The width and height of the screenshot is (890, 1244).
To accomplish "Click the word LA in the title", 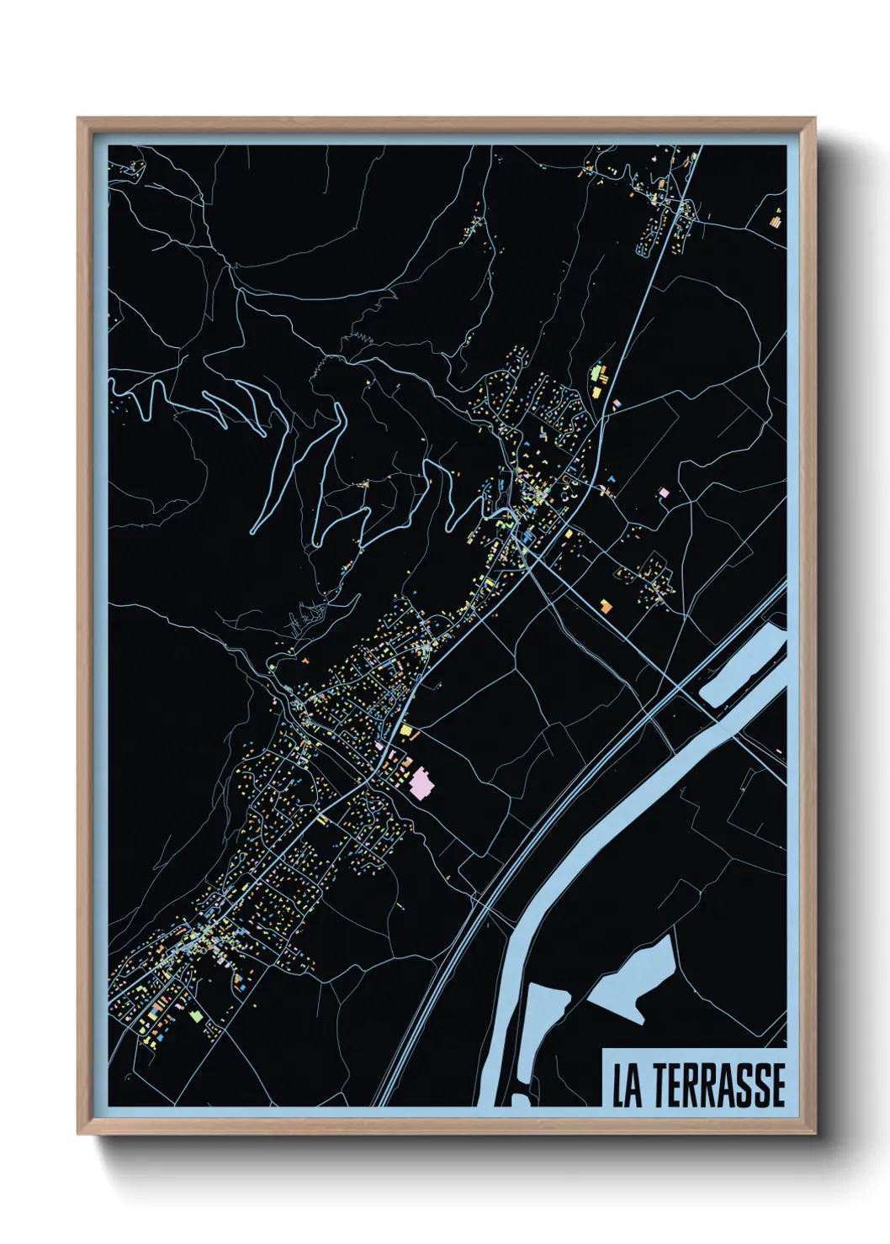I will tap(627, 1085).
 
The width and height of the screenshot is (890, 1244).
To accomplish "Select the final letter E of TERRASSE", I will tap(777, 1085).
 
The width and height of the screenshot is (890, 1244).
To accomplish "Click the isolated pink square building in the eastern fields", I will tap(663, 492).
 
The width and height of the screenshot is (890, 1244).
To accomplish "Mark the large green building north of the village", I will tap(597, 372).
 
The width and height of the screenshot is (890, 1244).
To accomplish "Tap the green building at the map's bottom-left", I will tap(197, 1016).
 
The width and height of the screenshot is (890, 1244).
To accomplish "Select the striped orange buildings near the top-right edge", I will tap(776, 221).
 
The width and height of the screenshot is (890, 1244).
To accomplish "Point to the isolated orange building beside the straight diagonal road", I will tap(604, 604).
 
